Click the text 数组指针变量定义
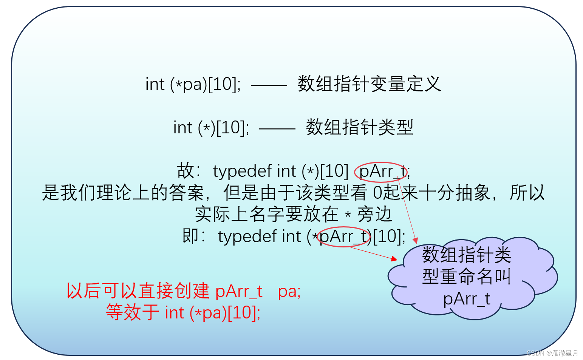pos(369,84)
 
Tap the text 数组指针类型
pos(359,127)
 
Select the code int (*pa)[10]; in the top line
pos(193,84)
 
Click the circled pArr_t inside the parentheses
pos(343,237)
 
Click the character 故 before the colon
pos(186,171)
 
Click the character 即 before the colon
pos(190,236)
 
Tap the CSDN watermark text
pos(552,353)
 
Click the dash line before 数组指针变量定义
pos(269,85)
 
